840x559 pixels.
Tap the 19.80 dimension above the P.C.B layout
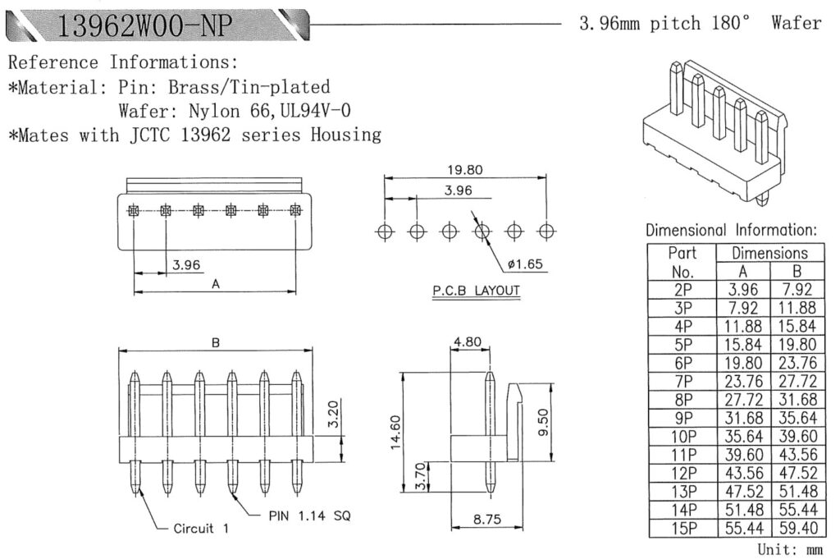point(465,170)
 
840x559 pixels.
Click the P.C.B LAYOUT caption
point(476,291)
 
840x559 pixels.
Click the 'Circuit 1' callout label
point(201,528)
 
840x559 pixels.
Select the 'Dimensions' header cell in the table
point(769,253)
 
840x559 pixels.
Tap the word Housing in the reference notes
point(345,135)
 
